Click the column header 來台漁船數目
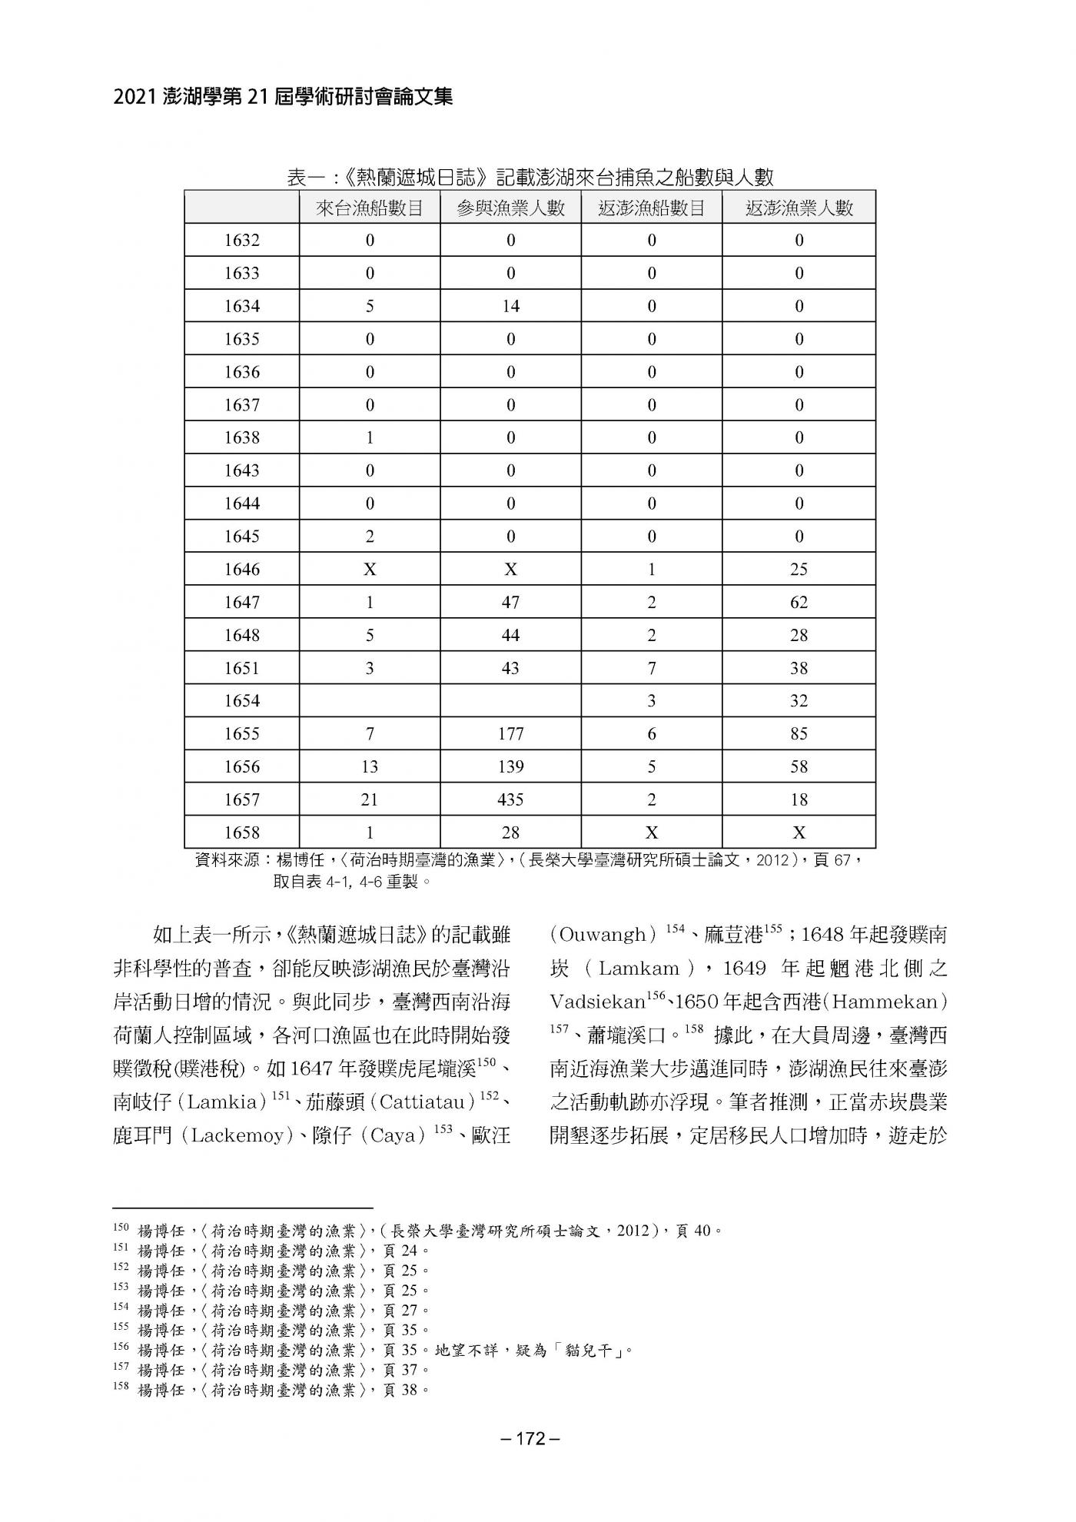point(370,208)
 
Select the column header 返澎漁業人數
point(799,208)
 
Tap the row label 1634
point(242,306)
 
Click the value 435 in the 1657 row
point(510,799)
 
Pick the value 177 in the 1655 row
point(510,733)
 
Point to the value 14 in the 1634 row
point(510,306)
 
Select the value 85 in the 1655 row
point(799,733)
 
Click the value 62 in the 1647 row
point(799,602)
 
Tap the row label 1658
point(242,832)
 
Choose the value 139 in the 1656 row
point(510,766)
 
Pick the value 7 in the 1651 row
point(652,668)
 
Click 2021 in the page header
point(136,97)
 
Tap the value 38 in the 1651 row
point(799,668)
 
